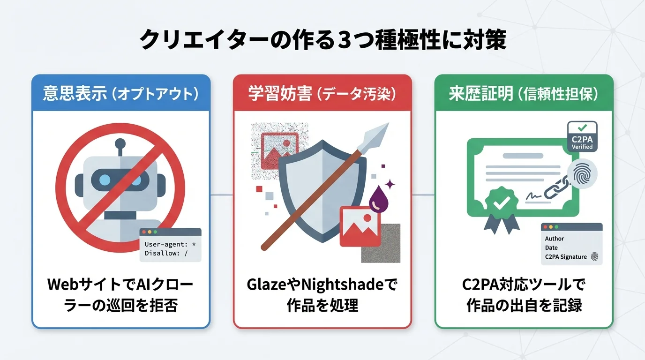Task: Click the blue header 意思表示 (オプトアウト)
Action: coord(120,93)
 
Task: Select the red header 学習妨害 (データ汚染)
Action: coord(322,93)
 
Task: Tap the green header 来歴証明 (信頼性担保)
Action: coord(524,93)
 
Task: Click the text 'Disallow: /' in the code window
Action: coord(166,254)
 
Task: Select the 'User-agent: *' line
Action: coord(170,244)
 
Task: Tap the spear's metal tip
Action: coord(377,134)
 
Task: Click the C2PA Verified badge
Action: coord(582,136)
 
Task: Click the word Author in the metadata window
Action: coord(554,239)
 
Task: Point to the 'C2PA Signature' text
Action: coord(565,257)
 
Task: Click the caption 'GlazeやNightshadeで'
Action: coord(322,285)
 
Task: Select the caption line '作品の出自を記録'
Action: coord(524,306)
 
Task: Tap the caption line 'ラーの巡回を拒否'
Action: coord(120,306)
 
